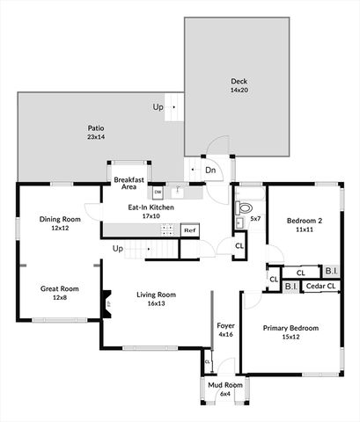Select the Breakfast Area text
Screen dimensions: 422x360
[129, 182]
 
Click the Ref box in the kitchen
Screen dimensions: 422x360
[189, 229]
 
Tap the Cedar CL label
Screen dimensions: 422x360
[320, 287]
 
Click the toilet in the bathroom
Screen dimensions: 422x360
[242, 209]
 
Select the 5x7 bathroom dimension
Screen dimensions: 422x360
[255, 218]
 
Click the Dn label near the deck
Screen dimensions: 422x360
[211, 170]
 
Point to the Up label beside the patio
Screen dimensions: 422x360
[158, 107]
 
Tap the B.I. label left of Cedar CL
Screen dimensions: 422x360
[291, 287]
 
